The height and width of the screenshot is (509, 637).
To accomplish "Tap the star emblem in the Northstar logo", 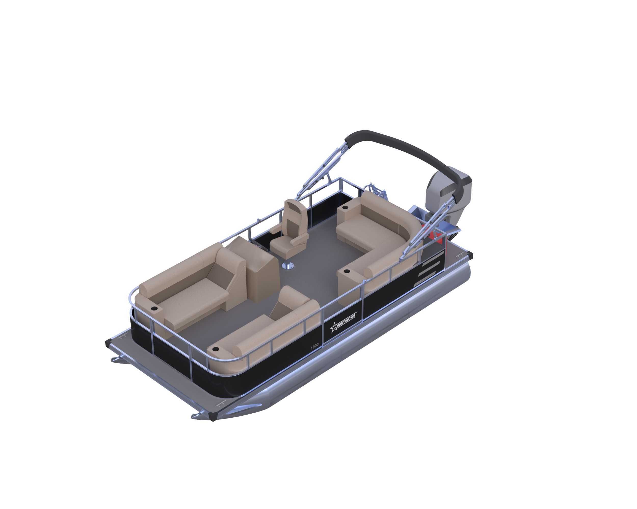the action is [334, 327].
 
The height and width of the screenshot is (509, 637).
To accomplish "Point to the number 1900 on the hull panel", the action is [315, 346].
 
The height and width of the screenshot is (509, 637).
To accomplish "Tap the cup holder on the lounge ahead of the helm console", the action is [154, 309].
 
